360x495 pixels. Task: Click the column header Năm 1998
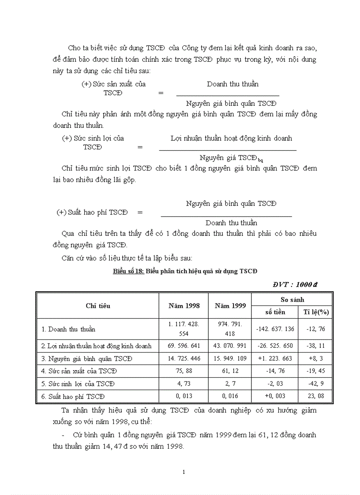coord(184,305)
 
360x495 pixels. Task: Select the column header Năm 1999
coord(230,305)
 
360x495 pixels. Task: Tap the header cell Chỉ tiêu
coord(98,305)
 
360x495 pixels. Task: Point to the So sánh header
coord(292,299)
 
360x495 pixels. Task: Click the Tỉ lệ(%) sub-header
coord(316,312)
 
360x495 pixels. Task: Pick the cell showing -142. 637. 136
coord(275,329)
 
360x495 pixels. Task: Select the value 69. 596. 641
coord(184,346)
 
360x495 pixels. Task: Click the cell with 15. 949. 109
coord(230,358)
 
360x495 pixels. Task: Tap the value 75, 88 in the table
coord(184,371)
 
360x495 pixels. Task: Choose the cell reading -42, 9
coord(316,384)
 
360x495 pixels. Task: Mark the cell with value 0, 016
coord(230,396)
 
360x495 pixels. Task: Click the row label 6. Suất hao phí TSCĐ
coord(73,397)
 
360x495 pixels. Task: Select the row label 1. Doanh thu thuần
coord(68,329)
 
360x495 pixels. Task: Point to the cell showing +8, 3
coord(316,358)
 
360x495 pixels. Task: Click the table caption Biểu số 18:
coord(128,271)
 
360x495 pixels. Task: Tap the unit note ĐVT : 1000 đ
coord(295,284)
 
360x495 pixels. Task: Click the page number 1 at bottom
coord(184,472)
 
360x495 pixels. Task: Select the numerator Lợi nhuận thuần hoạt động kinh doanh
coord(231,138)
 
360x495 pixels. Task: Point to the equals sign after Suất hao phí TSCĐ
coord(140,212)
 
